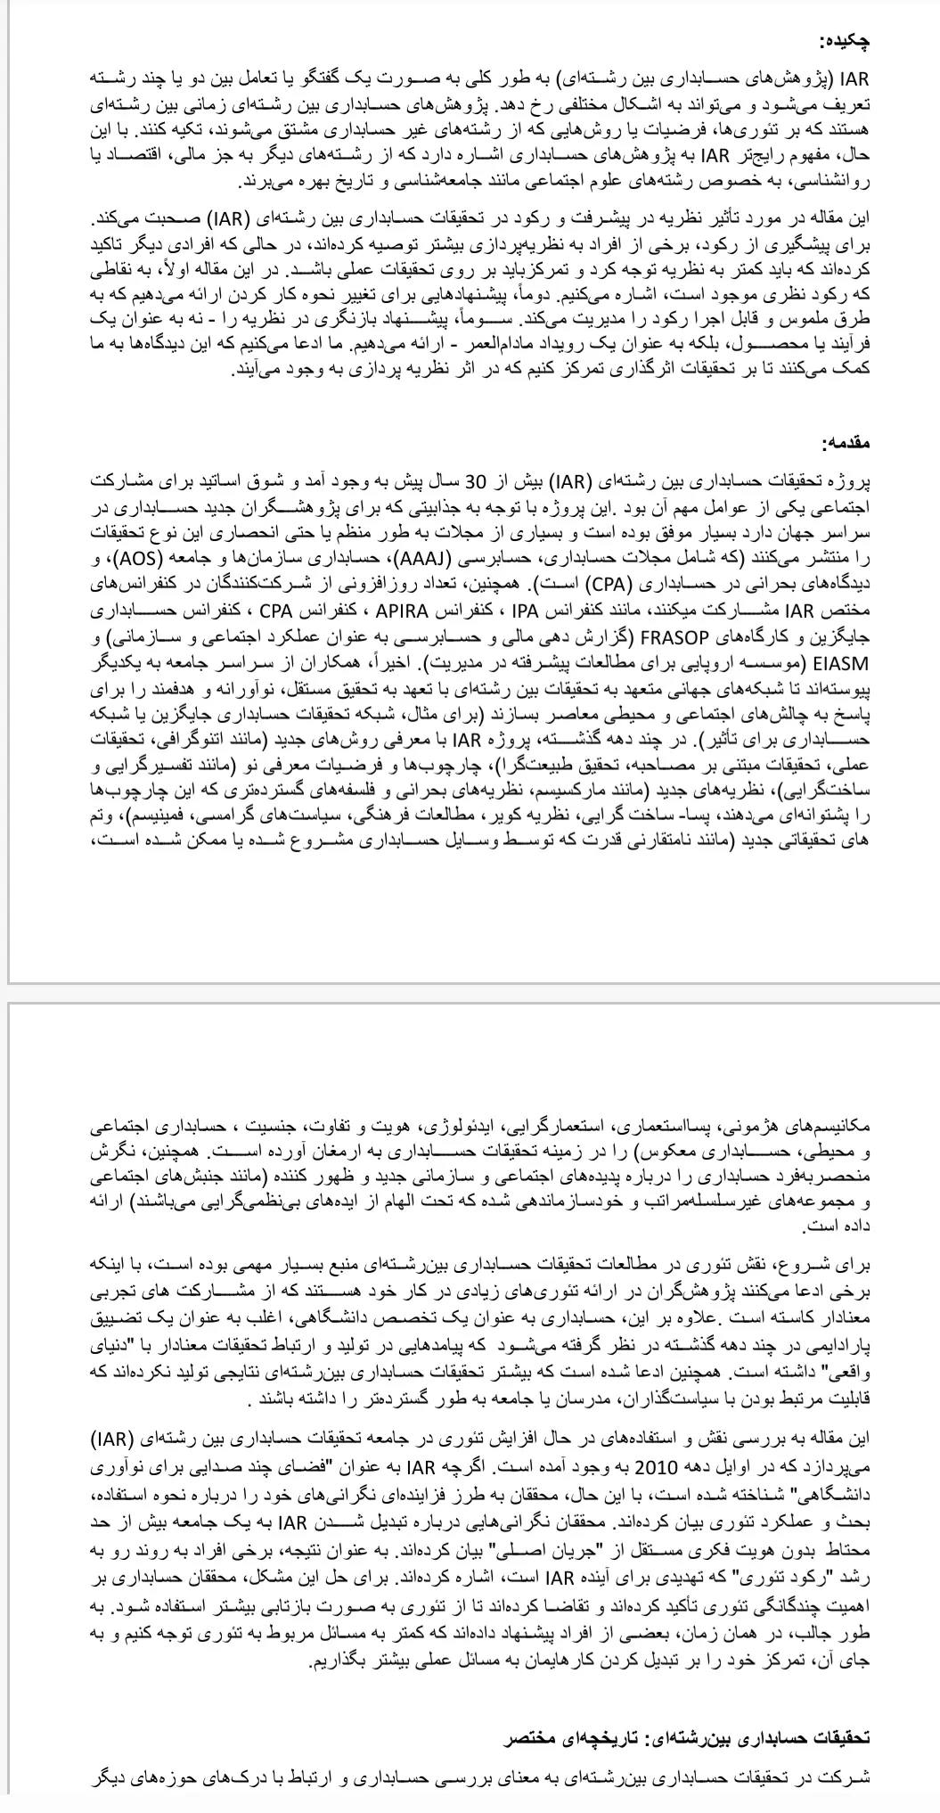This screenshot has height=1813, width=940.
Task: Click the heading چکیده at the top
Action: point(843,42)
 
